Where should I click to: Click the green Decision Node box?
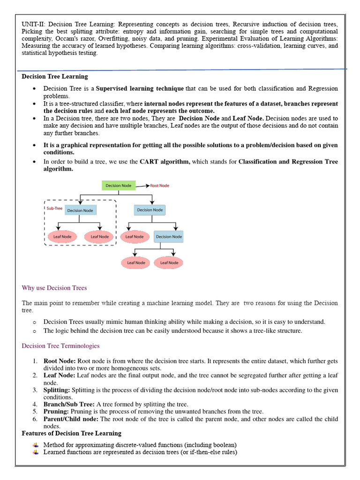tap(118, 186)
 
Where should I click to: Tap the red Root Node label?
tap(159, 186)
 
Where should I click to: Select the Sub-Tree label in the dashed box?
tap(54, 208)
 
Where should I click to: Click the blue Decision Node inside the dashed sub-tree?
tap(81, 210)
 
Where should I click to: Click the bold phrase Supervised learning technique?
tap(140, 89)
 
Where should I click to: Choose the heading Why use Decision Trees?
tap(54, 288)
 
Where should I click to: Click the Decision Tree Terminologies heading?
tap(60, 346)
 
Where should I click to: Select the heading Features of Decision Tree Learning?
tap(71, 433)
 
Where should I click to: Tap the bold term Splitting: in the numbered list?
tap(57, 390)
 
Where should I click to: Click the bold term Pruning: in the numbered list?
tap(56, 412)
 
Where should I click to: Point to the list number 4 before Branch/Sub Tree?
tap(35, 404)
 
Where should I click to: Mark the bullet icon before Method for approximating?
tap(35, 444)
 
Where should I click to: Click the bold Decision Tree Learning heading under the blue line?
tap(55, 76)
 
